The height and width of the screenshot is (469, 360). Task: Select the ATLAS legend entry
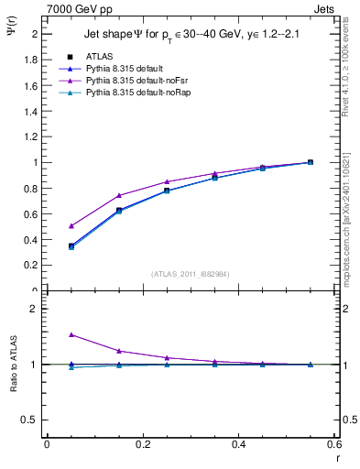[100, 56]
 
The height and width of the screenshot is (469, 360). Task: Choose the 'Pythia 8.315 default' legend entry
[125, 69]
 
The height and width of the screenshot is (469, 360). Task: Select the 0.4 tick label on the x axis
[237, 445]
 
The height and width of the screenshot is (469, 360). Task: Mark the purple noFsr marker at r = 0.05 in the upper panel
[71, 225]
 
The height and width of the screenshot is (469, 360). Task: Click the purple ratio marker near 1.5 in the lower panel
[71, 335]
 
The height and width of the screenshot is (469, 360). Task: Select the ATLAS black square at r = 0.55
[310, 162]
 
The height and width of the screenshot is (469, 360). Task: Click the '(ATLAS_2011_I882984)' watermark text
[190, 274]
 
